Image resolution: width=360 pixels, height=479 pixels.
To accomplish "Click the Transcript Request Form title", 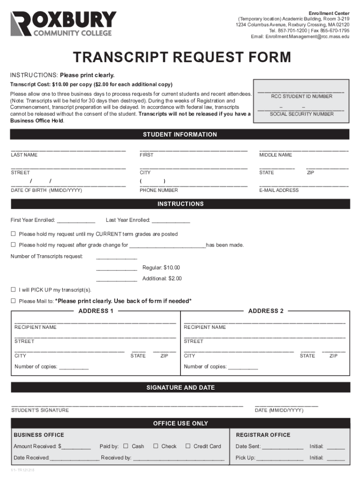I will [181, 58].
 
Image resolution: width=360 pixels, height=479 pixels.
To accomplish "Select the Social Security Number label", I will [302, 114].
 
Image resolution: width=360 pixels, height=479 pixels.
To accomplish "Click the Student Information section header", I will [180, 135].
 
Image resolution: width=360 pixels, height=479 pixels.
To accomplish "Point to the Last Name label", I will [24, 155].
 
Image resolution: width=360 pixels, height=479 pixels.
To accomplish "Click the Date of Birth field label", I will [47, 190].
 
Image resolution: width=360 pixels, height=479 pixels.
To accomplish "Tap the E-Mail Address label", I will [279, 190].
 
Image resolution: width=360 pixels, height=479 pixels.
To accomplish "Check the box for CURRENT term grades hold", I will [14, 234].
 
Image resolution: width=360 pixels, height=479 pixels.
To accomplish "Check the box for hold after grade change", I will [14, 245].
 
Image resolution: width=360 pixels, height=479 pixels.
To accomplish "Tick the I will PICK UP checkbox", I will [14, 290].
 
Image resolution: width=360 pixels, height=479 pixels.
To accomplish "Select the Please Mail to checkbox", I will [14, 301].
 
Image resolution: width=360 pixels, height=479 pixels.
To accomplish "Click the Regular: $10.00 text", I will [161, 268].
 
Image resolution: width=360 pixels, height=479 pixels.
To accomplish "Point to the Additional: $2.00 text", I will [162, 279].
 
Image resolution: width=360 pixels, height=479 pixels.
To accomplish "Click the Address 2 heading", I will [266, 311].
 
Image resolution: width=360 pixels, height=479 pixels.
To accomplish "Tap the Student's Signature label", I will [40, 410].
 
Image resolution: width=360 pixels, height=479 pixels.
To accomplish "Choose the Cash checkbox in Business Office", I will [125, 446].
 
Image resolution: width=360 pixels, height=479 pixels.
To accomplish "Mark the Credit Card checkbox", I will [188, 446].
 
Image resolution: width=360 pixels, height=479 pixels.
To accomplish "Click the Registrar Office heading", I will [263, 435].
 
